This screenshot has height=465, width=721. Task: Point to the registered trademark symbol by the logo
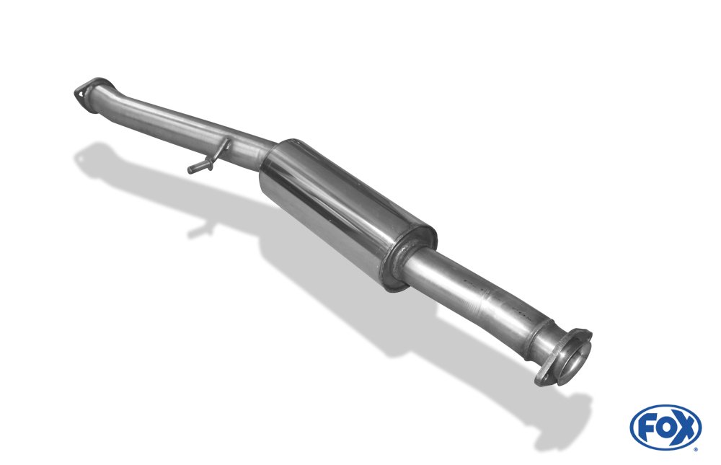click(x=696, y=449)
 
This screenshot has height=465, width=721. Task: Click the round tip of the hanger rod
click(x=190, y=169)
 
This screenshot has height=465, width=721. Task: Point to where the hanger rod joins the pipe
click(x=226, y=143)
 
